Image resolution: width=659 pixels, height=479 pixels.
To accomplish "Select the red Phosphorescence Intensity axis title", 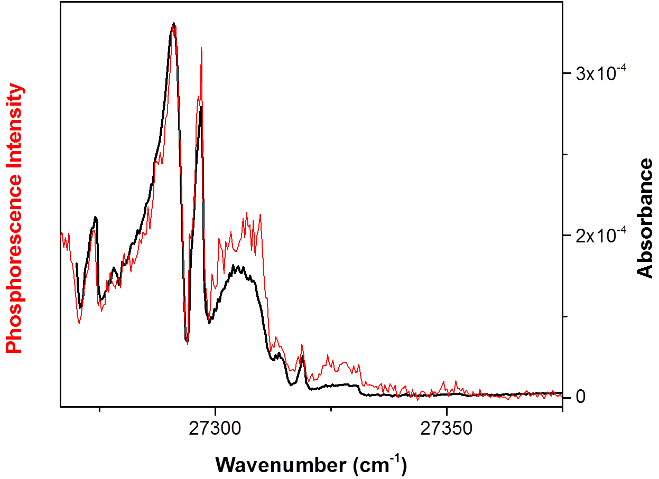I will (x=15, y=219).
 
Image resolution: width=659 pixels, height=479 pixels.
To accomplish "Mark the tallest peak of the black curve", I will (x=173, y=24).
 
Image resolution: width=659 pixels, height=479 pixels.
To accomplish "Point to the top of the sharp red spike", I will (x=201, y=48).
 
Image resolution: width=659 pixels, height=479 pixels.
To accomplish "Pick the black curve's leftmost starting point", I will (x=77, y=264).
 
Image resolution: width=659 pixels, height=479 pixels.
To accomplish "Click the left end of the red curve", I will (x=62, y=232).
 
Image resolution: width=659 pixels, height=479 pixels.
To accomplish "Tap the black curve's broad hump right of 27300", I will (x=238, y=268).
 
